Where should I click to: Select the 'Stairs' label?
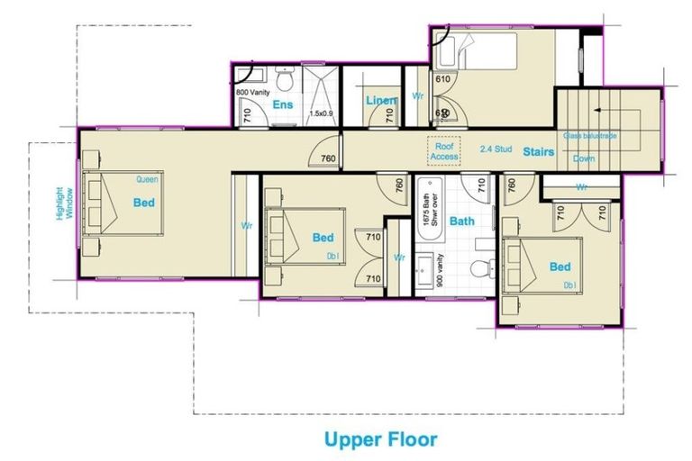pyautogui.click(x=539, y=152)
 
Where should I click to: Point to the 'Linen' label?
pyautogui.click(x=380, y=100)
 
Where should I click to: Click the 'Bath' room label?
pyautogui.click(x=462, y=221)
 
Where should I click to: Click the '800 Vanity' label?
pyautogui.click(x=253, y=92)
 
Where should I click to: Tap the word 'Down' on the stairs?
pyautogui.click(x=584, y=158)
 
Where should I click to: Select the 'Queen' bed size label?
pyautogui.click(x=147, y=179)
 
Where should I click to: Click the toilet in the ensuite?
pyautogui.click(x=284, y=82)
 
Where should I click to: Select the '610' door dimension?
pyautogui.click(x=442, y=79)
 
